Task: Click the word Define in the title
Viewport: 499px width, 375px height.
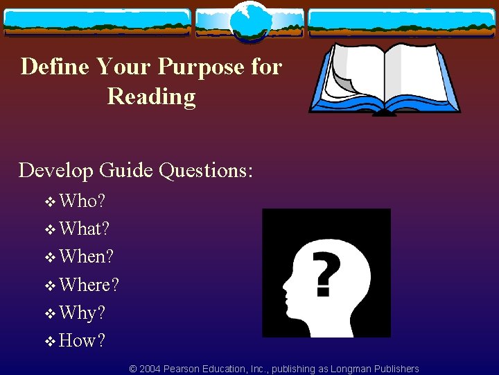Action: point(55,67)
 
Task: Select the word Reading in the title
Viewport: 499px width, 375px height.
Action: point(152,97)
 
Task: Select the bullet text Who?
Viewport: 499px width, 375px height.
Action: point(82,201)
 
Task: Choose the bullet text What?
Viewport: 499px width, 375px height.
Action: point(85,228)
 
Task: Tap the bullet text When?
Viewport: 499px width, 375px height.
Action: point(87,256)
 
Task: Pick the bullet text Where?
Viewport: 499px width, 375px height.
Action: point(89,285)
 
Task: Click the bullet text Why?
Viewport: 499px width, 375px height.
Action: point(82,312)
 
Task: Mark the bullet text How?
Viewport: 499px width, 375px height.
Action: point(82,340)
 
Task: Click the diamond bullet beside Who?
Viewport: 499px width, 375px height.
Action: point(50,202)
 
